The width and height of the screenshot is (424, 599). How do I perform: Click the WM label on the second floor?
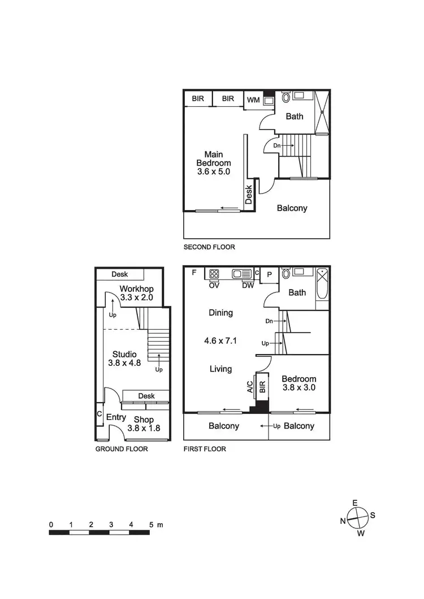253,100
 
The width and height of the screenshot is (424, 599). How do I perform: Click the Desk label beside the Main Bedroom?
249,195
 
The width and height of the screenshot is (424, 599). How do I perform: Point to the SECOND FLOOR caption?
209,247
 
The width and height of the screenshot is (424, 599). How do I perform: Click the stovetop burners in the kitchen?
215,274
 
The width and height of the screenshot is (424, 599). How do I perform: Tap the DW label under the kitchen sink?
248,285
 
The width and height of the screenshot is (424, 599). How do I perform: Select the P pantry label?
270,275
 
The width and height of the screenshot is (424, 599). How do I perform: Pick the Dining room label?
220,313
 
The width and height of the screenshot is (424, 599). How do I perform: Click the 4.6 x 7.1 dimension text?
220,340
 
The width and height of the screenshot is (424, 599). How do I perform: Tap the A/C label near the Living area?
249,386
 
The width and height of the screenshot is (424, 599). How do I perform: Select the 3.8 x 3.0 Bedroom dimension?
300,388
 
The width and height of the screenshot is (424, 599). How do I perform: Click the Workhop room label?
137,289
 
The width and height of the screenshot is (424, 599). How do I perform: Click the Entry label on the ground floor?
116,418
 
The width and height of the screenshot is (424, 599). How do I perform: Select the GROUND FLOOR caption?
122,449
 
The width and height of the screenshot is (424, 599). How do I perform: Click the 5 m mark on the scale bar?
152,524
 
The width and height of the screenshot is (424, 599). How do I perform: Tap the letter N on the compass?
343,521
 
